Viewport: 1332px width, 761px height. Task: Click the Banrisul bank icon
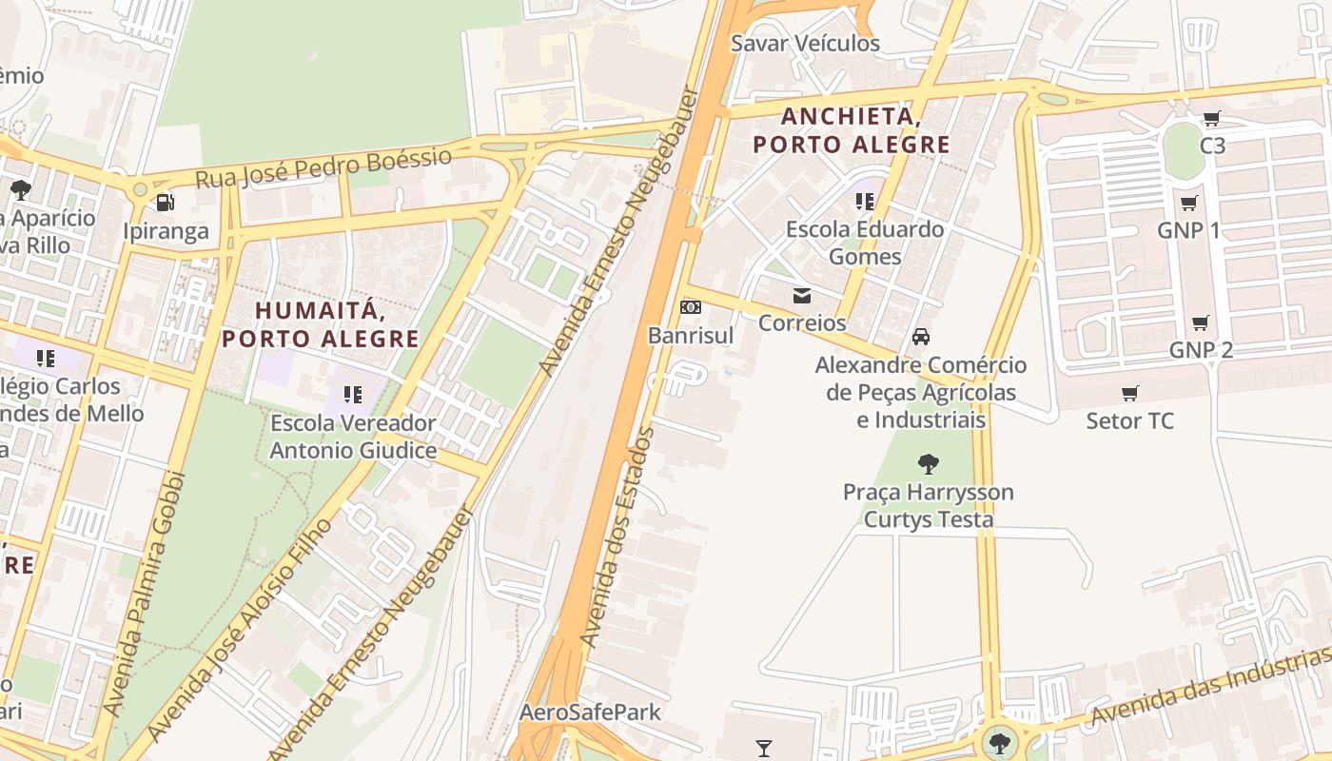(692, 307)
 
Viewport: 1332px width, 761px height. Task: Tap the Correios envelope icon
(802, 296)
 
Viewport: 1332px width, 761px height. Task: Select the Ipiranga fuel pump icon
(166, 203)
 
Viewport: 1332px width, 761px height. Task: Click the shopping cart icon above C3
(1211, 119)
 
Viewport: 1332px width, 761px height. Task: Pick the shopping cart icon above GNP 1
(1188, 203)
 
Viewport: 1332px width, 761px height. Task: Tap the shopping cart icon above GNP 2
(1201, 322)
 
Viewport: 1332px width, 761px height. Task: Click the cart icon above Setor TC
(1130, 393)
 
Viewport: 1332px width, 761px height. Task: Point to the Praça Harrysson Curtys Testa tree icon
(929, 464)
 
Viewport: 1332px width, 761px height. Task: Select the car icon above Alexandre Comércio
(921, 337)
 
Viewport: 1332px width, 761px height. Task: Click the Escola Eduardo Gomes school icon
(864, 202)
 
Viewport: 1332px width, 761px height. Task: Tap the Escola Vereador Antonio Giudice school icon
(353, 394)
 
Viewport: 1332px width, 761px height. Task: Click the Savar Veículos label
(805, 44)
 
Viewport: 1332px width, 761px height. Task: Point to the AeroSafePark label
(590, 712)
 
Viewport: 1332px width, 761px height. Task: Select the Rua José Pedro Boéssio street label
(323, 167)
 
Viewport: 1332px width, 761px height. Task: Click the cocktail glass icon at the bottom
(763, 748)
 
